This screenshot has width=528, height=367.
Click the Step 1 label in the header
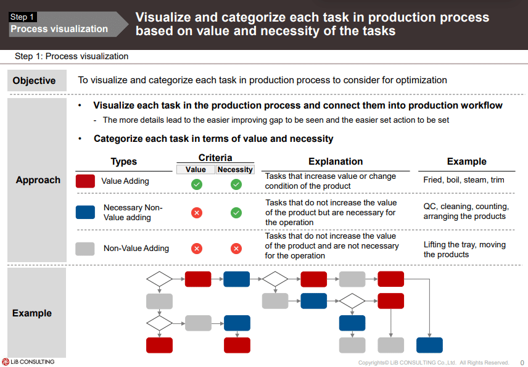point(22,17)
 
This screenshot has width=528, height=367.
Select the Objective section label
point(34,81)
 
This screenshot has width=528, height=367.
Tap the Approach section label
point(38,180)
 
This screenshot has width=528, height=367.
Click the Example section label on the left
point(32,313)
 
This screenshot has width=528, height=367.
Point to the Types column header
point(124,162)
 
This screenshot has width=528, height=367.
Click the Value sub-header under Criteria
point(196,170)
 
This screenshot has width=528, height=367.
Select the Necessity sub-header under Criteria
point(235,170)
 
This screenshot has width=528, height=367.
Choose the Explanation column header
point(336,162)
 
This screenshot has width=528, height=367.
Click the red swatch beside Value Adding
point(85,181)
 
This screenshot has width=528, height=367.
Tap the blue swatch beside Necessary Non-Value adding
point(85,212)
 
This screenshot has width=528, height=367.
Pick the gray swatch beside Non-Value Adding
point(85,249)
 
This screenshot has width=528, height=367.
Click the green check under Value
point(196,184)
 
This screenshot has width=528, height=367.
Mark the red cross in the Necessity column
point(236,249)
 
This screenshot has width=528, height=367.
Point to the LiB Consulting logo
point(28,361)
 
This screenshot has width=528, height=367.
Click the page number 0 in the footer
point(522,363)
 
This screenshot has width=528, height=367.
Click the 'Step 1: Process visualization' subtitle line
point(72,56)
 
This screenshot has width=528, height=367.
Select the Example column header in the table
point(466,162)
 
